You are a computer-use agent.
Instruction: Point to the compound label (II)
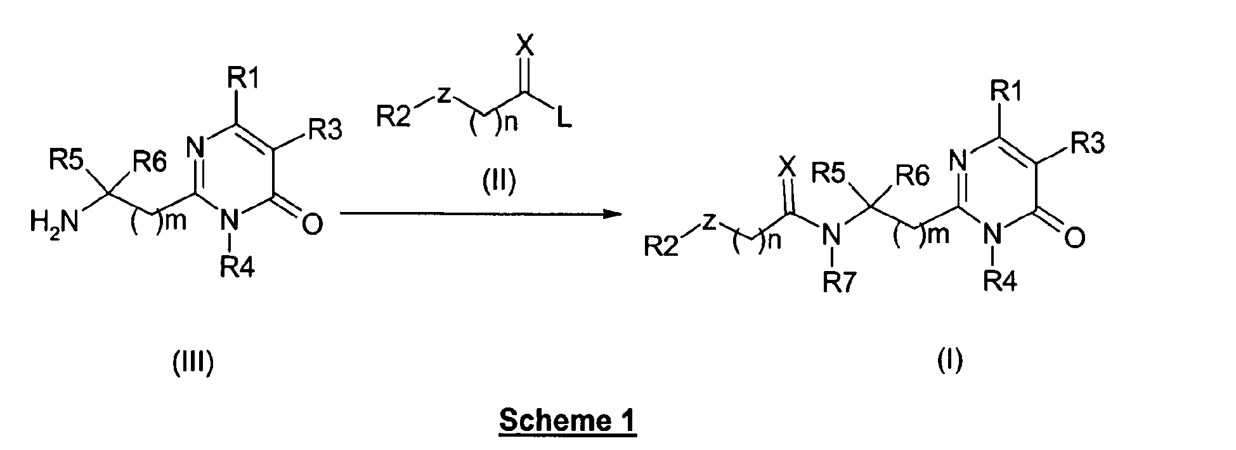[496, 181]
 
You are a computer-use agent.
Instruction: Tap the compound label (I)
[950, 361]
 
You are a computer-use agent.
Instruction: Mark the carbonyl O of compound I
[1074, 237]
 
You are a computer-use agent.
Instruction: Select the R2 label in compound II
[394, 118]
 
